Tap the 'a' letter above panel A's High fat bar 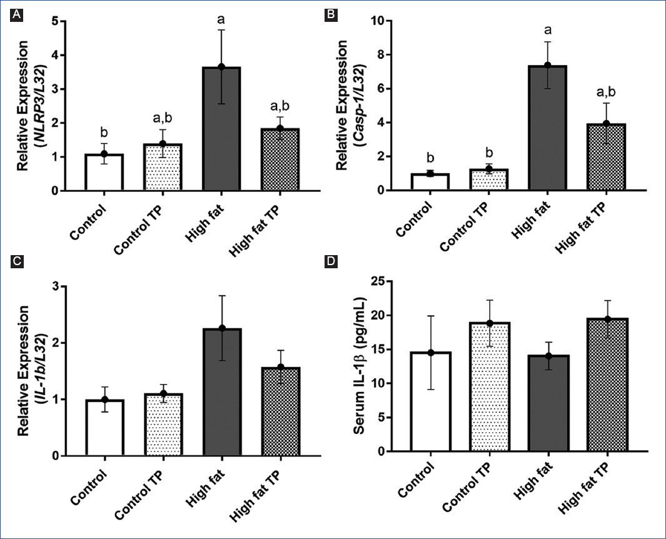221,19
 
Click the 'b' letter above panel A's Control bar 104,132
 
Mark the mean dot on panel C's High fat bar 221,328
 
